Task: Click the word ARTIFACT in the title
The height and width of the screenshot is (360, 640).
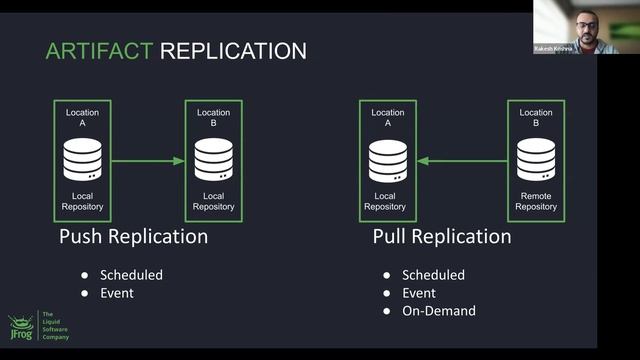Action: [100, 50]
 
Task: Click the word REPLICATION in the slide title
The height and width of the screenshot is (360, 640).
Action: [234, 50]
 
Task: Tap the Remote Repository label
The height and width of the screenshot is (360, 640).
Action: [536, 201]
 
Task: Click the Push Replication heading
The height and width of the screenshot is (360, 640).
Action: [133, 237]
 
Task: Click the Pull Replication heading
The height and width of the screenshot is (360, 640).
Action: [441, 237]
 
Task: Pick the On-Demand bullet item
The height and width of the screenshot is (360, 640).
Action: [439, 311]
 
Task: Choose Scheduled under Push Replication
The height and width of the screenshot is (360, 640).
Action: [132, 275]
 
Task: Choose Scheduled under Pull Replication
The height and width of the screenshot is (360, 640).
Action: [433, 275]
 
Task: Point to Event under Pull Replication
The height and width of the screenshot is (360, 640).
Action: [419, 293]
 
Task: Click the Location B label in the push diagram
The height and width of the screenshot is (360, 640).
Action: [214, 118]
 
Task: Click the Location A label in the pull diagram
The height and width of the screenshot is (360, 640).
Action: [388, 118]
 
